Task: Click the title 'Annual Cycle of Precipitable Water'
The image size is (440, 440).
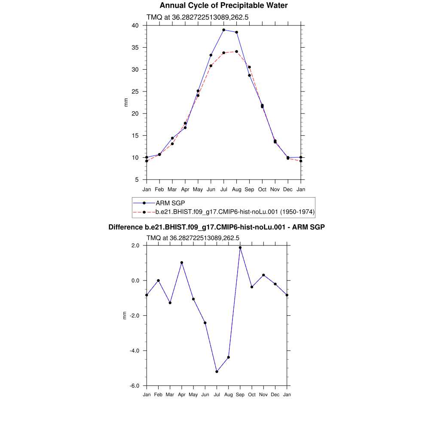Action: [223, 6]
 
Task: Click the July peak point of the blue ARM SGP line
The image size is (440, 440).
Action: [224, 30]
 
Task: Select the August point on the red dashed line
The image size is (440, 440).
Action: [237, 52]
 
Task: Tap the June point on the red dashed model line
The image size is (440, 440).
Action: [211, 66]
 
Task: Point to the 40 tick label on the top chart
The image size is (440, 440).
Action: [135, 25]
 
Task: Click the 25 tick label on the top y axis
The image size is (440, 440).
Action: [135, 92]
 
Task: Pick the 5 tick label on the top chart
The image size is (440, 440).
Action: [137, 180]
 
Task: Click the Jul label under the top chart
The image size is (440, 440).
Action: [224, 189]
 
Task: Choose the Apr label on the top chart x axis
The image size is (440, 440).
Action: [185, 189]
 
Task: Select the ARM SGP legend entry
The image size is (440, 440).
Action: [170, 203]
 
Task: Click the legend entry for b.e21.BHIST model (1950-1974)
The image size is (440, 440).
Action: [235, 212]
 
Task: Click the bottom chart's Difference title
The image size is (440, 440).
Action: [217, 227]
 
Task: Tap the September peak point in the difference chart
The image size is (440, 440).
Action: [240, 247]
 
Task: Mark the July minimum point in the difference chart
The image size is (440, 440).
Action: [217, 372]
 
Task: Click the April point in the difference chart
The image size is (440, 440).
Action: [182, 263]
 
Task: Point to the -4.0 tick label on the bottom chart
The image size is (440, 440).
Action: [135, 351]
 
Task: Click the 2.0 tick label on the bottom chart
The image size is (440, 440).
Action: [136, 245]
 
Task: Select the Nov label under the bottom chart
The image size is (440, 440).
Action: [263, 394]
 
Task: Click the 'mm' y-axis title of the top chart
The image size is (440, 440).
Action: [126, 102]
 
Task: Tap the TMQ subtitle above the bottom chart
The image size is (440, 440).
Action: [192, 238]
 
